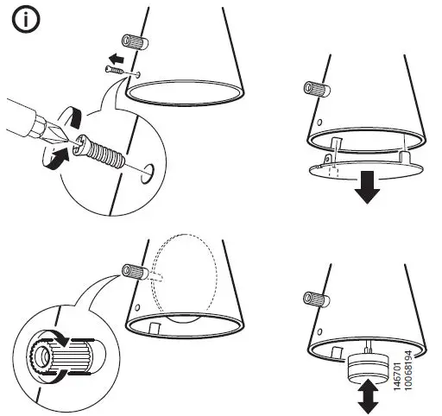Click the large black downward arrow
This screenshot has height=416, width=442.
367,187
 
